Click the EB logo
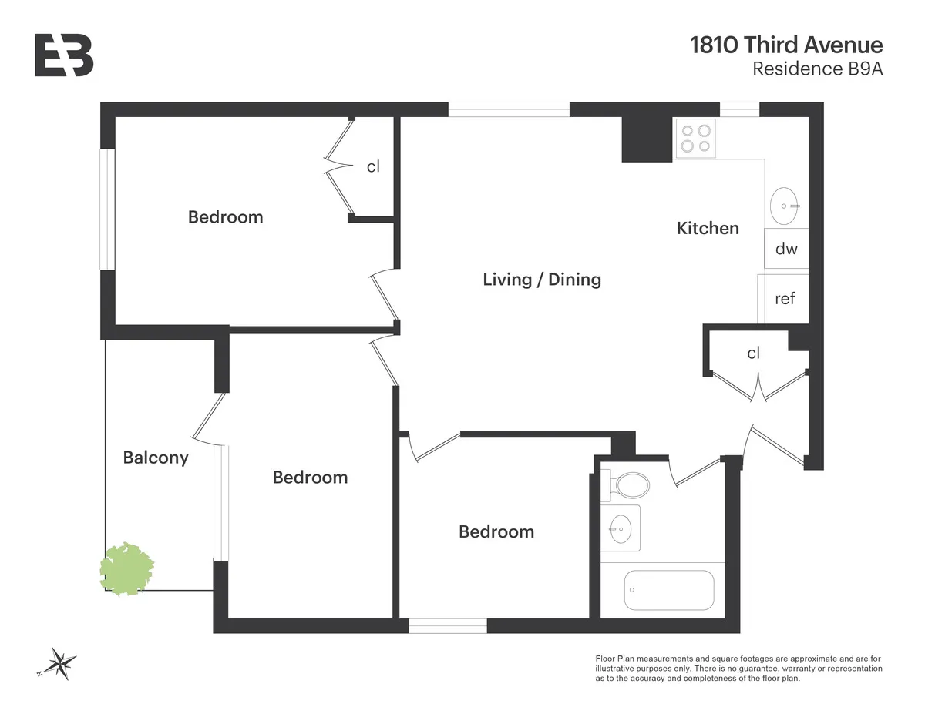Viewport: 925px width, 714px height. [64, 55]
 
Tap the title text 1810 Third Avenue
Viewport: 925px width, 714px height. [786, 45]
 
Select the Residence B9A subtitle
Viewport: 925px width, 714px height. [817, 69]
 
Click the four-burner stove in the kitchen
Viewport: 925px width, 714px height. [695, 139]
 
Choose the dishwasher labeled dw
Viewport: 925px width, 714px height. [786, 249]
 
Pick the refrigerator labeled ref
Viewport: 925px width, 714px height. [785, 298]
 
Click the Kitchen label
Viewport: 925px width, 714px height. [708, 228]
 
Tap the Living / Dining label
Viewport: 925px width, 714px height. [542, 279]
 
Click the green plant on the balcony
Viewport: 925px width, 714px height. [127, 568]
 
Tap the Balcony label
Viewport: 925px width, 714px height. [156, 458]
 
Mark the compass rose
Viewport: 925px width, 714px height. [59, 662]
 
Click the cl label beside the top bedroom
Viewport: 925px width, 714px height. [373, 166]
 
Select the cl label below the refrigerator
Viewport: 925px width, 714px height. [753, 353]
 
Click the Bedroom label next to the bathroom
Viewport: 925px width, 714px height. [496, 531]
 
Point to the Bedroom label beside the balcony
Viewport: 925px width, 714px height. [310, 478]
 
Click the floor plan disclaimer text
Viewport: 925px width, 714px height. [738, 669]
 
